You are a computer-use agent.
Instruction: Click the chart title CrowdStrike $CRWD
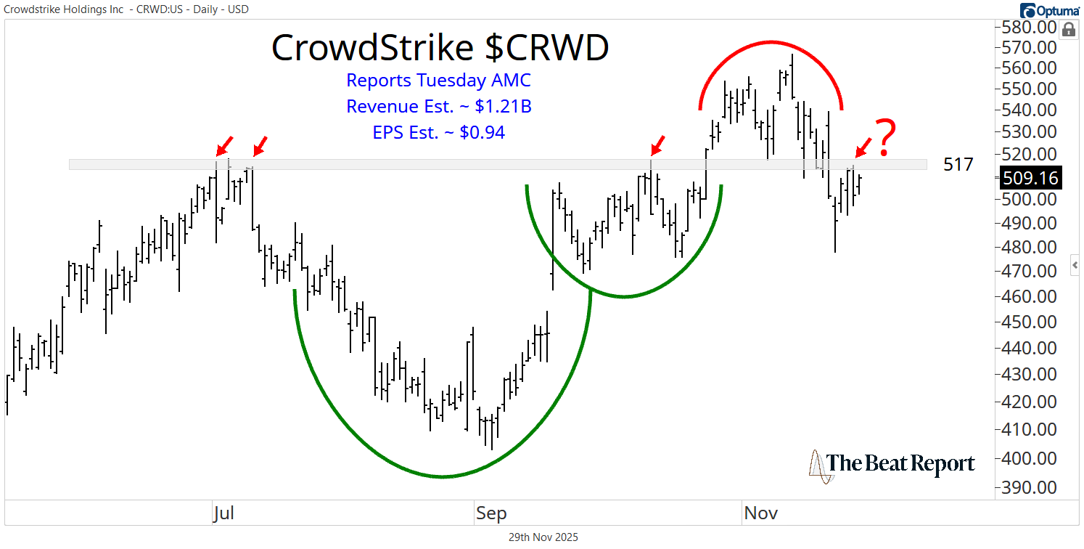coord(440,48)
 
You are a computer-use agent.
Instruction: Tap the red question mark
coord(884,139)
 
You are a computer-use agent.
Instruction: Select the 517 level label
coord(958,165)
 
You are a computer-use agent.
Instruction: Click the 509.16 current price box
coord(1030,177)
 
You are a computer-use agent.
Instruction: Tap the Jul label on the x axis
coord(223,513)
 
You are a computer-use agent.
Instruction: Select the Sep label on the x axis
coord(490,513)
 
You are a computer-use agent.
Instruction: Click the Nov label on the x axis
coord(760,513)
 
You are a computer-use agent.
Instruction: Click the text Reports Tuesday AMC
coord(439,80)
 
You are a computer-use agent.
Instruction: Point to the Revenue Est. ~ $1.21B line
coord(439,106)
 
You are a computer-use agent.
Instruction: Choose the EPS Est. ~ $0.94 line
coord(439,132)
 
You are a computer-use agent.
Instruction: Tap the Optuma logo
coord(1049,10)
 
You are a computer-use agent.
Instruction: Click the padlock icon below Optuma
coord(1068,30)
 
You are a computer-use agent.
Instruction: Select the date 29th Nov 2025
coord(542,537)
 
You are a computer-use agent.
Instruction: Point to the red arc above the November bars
coord(771,42)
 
